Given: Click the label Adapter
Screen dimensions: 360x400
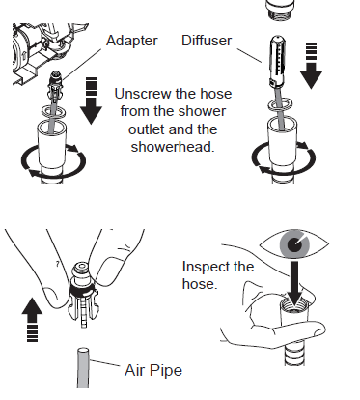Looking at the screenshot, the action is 132,41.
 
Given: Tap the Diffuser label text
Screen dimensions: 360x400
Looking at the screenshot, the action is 207,41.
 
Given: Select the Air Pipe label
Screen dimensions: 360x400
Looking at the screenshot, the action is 153,371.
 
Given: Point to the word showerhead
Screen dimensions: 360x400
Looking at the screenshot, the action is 173,147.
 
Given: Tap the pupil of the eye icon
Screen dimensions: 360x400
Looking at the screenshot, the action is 294,244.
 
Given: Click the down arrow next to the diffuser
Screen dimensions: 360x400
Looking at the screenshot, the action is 311,66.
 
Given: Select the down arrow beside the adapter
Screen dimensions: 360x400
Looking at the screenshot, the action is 92,100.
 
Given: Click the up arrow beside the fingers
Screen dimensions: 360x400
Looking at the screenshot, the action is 32,319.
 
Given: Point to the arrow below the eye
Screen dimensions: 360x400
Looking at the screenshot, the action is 294,283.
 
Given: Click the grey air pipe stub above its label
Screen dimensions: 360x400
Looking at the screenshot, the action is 83,367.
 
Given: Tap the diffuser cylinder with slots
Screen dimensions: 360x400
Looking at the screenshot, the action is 278,61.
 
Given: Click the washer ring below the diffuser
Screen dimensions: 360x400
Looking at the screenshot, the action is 282,104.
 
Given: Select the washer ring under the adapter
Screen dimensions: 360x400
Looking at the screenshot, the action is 53,110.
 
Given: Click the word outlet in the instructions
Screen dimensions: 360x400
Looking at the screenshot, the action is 147,129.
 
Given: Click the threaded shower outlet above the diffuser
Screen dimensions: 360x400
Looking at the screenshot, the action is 280,10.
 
